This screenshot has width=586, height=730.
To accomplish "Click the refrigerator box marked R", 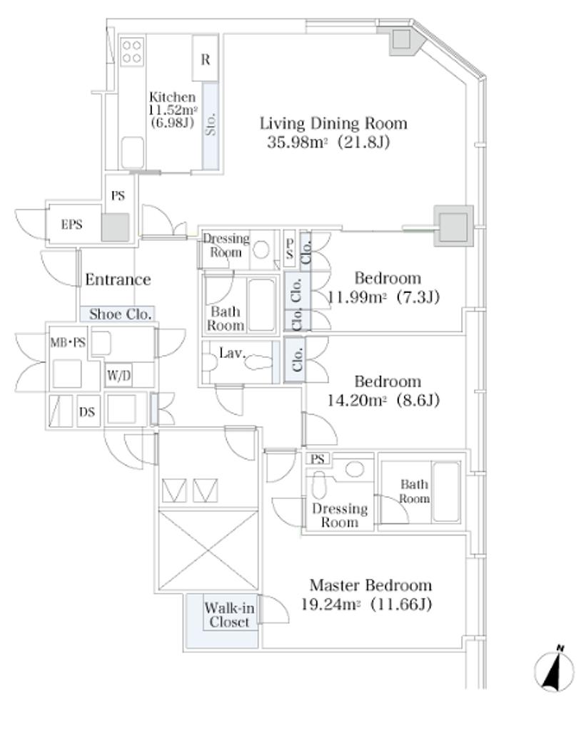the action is click(x=205, y=58).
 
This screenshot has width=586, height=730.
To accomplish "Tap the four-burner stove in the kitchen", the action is click(x=132, y=51).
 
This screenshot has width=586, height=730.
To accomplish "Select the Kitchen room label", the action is click(x=172, y=97).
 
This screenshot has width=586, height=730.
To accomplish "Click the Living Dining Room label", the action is click(x=333, y=123).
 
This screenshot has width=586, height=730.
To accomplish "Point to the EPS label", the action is click(x=72, y=225).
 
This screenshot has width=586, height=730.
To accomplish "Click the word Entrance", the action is click(x=118, y=279).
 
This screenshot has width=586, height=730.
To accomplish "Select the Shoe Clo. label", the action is click(x=121, y=314).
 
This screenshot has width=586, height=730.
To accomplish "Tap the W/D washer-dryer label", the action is click(x=119, y=375).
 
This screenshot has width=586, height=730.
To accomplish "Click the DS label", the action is click(x=86, y=412).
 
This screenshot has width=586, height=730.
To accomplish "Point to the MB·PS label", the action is click(x=68, y=343).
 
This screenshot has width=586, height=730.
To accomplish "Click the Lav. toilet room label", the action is click(x=232, y=354).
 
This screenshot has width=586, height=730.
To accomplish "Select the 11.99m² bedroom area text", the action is click(x=358, y=297).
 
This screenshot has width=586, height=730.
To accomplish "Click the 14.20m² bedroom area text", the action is click(x=358, y=401).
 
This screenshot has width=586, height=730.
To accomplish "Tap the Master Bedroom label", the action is click(x=370, y=585).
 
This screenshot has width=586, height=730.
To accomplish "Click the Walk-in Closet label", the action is click(x=229, y=615).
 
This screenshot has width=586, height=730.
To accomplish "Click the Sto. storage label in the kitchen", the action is click(x=211, y=124).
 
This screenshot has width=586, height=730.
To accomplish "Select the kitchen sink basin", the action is click(x=132, y=153).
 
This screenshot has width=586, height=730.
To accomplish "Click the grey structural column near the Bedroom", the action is click(x=453, y=226).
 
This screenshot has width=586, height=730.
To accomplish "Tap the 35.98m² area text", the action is click(x=295, y=142).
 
